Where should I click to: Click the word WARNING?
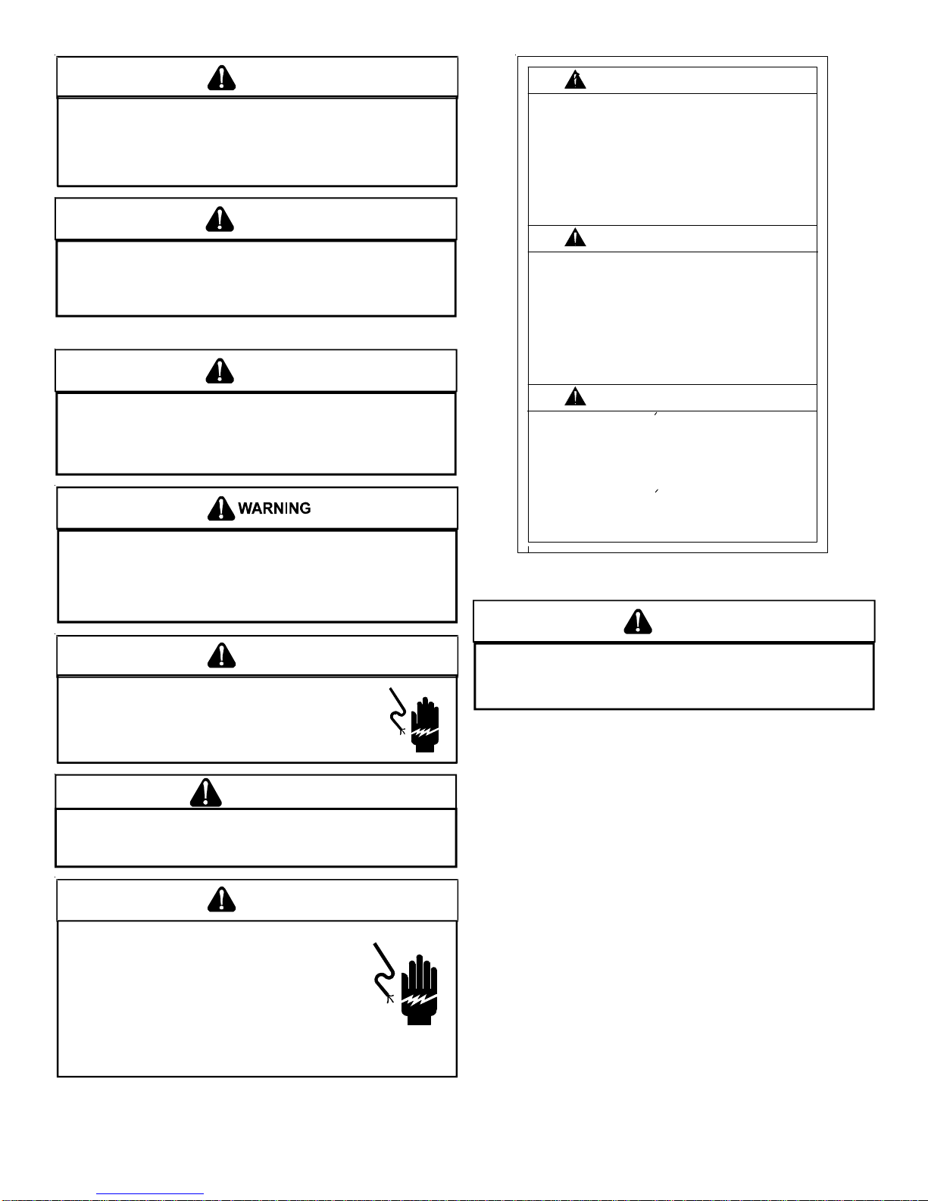274,508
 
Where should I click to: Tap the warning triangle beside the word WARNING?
221,508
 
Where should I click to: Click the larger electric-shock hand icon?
419,990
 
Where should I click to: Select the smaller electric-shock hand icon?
425,724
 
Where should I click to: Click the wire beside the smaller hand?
398,712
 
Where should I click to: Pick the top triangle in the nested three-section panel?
575,80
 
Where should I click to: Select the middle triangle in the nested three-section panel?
575,238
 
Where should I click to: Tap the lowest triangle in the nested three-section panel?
575,396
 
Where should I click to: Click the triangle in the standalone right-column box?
637,621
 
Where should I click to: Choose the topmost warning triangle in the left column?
221,78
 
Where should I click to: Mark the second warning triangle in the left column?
220,219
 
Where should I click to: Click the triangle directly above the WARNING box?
220,371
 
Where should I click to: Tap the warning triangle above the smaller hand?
221,655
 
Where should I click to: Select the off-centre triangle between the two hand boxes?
205,793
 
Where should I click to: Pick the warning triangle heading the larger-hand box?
221,899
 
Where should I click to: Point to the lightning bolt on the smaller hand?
425,732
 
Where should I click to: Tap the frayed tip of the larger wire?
391,999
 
